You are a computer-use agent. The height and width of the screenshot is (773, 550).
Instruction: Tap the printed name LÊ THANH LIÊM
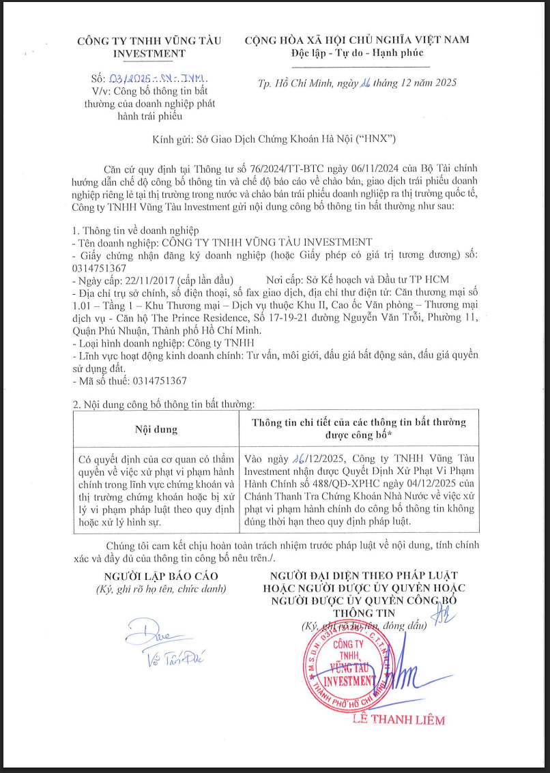398,719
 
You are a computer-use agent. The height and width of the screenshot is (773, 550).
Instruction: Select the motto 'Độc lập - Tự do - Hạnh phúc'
357,53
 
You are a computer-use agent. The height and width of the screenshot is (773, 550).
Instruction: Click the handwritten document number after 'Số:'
158,79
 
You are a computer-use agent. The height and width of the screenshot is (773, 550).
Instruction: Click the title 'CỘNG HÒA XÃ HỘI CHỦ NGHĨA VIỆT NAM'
357,40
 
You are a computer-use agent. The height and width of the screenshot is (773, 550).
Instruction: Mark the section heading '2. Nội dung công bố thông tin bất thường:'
163,405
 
